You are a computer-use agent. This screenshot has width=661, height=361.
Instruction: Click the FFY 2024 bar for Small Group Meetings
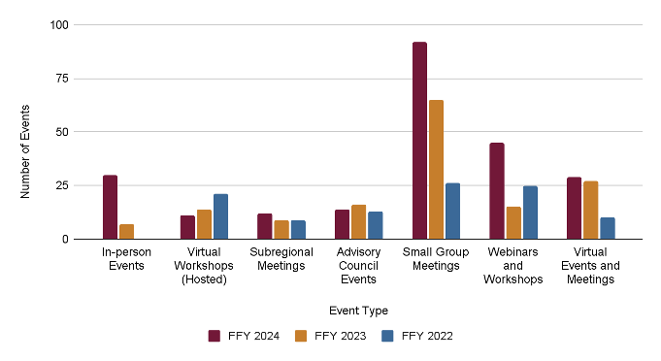pyautogui.click(x=419, y=141)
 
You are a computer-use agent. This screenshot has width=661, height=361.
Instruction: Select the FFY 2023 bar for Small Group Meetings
pyautogui.click(x=436, y=170)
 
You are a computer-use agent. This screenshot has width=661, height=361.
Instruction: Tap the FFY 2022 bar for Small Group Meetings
pyautogui.click(x=452, y=211)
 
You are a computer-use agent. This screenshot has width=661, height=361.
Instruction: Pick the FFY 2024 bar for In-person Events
pyautogui.click(x=110, y=207)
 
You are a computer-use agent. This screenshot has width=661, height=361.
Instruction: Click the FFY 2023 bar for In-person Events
pyautogui.click(x=126, y=231)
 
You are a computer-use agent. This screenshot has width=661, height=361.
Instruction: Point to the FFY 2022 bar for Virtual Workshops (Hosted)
pyautogui.click(x=220, y=216)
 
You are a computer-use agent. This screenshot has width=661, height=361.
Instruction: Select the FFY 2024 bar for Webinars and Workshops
pyautogui.click(x=497, y=191)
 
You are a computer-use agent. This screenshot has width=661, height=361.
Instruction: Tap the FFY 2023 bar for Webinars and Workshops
pyautogui.click(x=513, y=223)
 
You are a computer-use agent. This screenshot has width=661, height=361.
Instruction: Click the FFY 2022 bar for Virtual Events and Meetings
pyautogui.click(x=608, y=228)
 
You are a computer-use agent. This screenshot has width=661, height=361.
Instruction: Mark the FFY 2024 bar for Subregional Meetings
pyautogui.click(x=265, y=226)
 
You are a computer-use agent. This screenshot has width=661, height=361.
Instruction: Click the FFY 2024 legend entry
pyautogui.click(x=244, y=336)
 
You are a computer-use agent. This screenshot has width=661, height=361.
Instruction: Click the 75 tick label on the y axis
pyautogui.click(x=60, y=79)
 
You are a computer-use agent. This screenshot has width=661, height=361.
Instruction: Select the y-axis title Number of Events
pyautogui.click(x=26, y=150)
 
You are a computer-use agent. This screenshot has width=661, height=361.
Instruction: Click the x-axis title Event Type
pyautogui.click(x=358, y=311)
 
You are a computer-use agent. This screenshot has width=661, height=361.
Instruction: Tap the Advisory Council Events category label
pyautogui.click(x=358, y=266)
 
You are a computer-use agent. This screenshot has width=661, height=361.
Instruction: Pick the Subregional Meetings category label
pyautogui.click(x=281, y=259)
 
